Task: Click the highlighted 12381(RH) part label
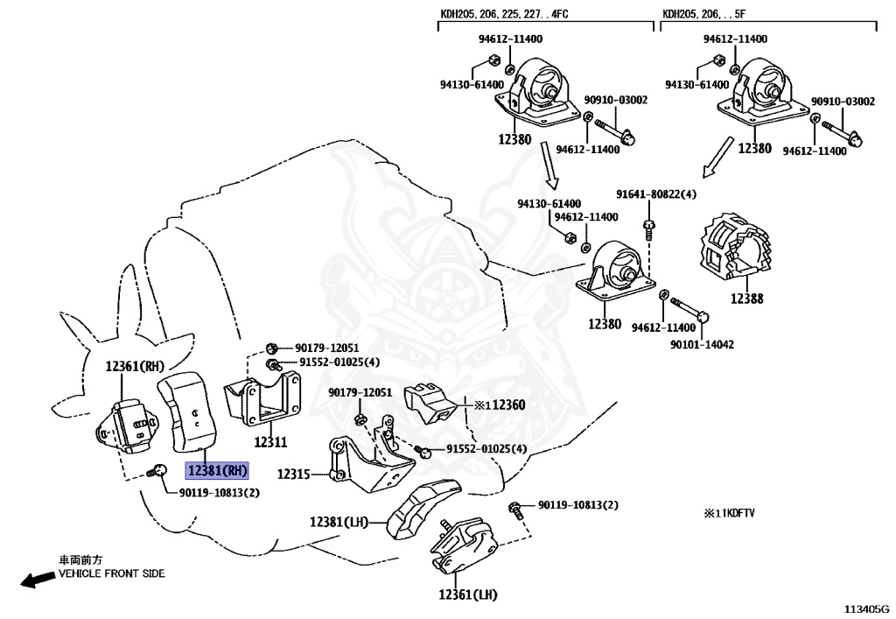[217, 471]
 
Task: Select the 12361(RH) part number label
[135, 366]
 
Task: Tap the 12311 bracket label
[270, 443]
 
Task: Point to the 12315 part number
[294, 474]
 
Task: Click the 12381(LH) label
[339, 522]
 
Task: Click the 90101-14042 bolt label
[702, 344]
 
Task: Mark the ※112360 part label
[500, 405]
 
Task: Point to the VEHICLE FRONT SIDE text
[111, 574]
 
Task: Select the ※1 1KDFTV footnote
[729, 513]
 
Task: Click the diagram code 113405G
[866, 608]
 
